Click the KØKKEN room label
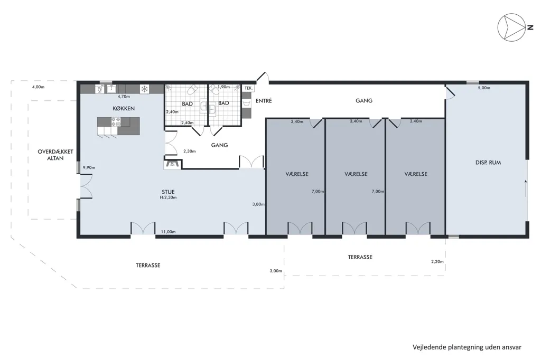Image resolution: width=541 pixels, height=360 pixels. [x=124, y=108]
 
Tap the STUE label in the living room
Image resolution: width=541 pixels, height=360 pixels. [x=169, y=192]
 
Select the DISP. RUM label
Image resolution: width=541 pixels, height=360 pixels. [x=488, y=163]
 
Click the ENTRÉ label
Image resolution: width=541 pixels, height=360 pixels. [x=264, y=101]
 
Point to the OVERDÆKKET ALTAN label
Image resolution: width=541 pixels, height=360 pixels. [x=55, y=155]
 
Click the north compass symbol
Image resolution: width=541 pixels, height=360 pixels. [x=511, y=27]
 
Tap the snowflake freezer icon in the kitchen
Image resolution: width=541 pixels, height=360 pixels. [x=144, y=89]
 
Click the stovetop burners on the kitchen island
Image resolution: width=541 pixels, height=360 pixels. [x=116, y=122]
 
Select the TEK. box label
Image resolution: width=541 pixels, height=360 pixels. [x=248, y=88]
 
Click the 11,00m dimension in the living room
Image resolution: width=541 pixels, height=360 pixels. [x=169, y=232]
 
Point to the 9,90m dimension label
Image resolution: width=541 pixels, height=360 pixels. [x=89, y=167]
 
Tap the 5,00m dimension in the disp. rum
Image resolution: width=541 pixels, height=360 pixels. [x=484, y=88]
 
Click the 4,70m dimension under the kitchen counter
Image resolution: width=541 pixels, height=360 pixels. [x=124, y=97]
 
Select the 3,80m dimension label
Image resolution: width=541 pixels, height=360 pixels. [x=258, y=204]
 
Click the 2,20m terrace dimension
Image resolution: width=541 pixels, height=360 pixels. [x=437, y=261]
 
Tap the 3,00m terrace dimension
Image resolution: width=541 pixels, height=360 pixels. [x=276, y=271]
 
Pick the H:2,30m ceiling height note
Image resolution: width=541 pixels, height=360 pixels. [x=169, y=197]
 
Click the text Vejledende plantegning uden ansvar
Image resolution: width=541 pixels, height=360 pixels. [x=467, y=347]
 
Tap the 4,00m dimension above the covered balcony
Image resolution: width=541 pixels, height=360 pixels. [x=38, y=87]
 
